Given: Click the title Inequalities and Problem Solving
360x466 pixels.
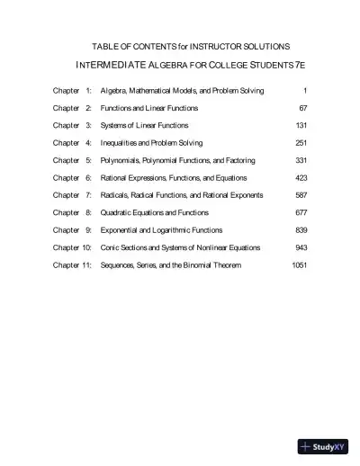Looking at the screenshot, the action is [151, 143].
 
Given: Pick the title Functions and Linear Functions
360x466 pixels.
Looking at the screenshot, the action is [149, 108].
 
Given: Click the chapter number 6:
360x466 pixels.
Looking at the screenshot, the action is [88, 178].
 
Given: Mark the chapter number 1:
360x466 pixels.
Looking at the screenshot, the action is [88, 91].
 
